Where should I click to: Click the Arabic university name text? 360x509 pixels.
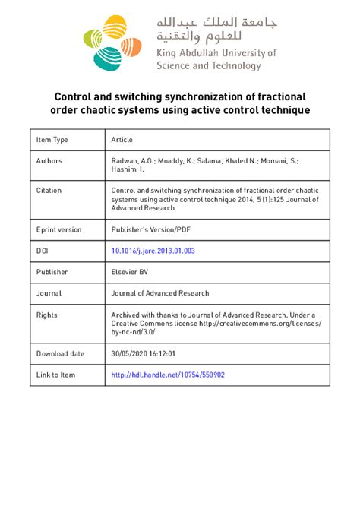point(216,29)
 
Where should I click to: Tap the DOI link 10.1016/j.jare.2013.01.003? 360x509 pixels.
point(152,250)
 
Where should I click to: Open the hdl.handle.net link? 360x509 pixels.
point(167,375)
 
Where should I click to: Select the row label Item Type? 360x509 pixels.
point(52,140)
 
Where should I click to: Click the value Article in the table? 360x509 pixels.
point(122,140)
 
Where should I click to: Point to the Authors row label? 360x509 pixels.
point(49,161)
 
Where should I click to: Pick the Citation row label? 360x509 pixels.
point(49,191)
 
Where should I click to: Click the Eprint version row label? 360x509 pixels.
point(59,229)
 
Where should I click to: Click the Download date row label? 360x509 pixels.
point(60,353)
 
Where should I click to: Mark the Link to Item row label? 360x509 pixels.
point(56,375)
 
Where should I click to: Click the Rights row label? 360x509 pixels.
point(47,314)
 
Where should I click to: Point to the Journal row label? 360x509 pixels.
point(49,292)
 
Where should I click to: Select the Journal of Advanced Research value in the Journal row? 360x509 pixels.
point(159,292)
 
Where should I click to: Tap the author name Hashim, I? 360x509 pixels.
point(130,172)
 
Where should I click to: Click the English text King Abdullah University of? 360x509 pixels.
point(216,53)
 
